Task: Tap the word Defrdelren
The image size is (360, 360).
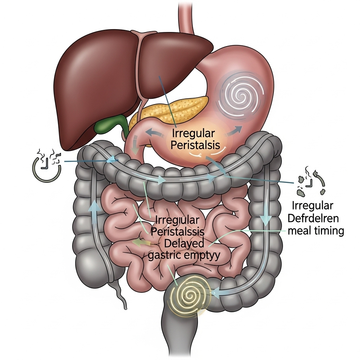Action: point(313,218)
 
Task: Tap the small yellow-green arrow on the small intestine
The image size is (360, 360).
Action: point(139,242)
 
